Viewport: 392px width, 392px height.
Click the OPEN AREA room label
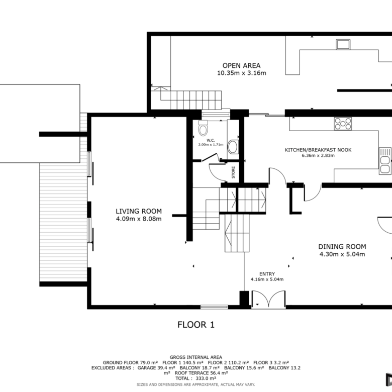point(242,65)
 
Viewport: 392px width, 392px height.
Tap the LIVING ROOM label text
point(139,211)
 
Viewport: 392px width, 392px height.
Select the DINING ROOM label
point(342,247)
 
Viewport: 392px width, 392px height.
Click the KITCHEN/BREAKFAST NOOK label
point(318,150)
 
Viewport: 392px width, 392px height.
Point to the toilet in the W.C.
point(203,128)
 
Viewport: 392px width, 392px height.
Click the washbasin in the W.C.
point(233,147)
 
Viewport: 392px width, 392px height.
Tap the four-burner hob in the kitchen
point(343,124)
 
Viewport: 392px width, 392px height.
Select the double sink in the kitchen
point(385,161)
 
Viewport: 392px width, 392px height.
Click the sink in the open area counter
point(343,45)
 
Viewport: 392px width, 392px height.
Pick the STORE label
point(233,172)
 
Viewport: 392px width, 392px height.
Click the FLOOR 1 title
point(196,325)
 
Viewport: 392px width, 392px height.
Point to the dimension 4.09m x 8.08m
point(139,219)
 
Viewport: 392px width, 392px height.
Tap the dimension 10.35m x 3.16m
point(242,73)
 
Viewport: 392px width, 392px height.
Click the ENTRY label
point(267,274)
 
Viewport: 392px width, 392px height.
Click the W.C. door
point(209,157)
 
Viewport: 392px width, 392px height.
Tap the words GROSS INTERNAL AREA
point(196,357)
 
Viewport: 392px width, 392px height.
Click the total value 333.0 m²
point(206,378)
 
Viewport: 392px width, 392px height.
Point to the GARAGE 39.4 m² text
point(156,368)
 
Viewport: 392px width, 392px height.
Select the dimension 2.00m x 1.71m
point(211,145)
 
